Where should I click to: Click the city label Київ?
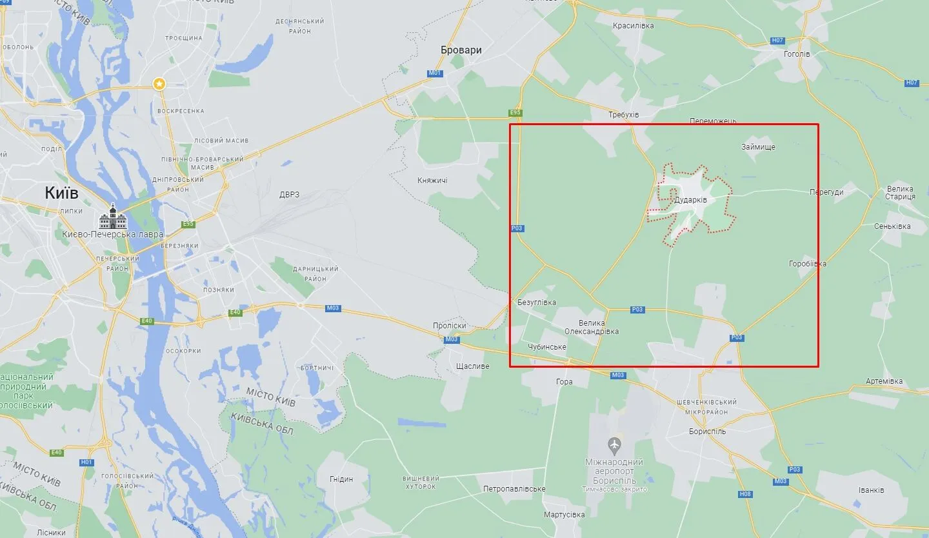click(62, 193)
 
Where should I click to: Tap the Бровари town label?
click(461, 50)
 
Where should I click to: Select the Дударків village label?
click(690, 200)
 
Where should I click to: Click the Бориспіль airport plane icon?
click(614, 444)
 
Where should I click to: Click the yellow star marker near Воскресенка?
click(159, 84)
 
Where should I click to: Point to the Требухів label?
click(623, 115)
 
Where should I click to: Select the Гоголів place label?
click(797, 54)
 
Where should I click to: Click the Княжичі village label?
click(432, 181)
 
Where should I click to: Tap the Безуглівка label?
click(536, 303)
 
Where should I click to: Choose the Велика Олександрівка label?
click(592, 327)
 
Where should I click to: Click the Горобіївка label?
click(807, 264)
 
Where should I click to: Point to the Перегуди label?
click(826, 192)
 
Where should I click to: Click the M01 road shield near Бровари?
click(434, 73)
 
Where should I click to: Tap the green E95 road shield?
click(514, 113)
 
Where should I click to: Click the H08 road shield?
click(745, 494)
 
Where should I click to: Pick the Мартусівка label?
click(564, 515)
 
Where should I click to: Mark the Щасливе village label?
click(472, 366)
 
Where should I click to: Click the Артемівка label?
click(884, 381)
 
